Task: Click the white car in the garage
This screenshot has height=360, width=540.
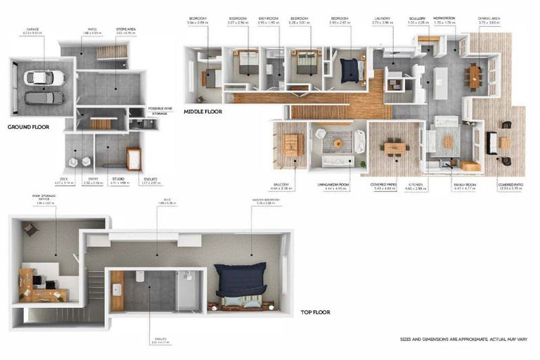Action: pos(44,77)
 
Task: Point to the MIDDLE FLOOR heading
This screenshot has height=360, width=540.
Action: pos(203,111)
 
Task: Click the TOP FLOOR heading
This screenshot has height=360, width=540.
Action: pos(315,311)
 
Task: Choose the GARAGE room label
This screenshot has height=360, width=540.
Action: pos(32,30)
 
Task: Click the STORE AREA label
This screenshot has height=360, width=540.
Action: pos(125,30)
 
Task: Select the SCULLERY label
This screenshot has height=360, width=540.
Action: pos(417,19)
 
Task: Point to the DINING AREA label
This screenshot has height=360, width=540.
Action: pos(488,19)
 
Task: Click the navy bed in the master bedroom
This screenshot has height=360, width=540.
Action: pos(240,280)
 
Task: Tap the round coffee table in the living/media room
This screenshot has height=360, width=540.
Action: pos(338,143)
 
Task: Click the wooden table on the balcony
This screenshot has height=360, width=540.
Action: pos(290,144)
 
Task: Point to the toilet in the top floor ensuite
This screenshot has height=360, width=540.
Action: pos(140,277)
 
